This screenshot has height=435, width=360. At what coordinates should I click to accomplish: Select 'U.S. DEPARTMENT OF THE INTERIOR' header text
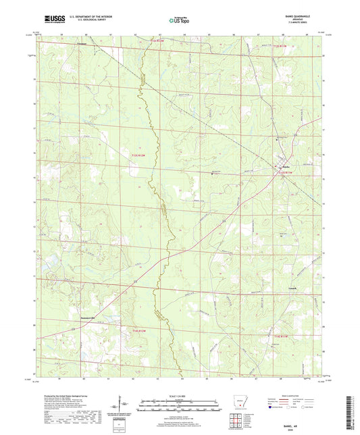point(84,18)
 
